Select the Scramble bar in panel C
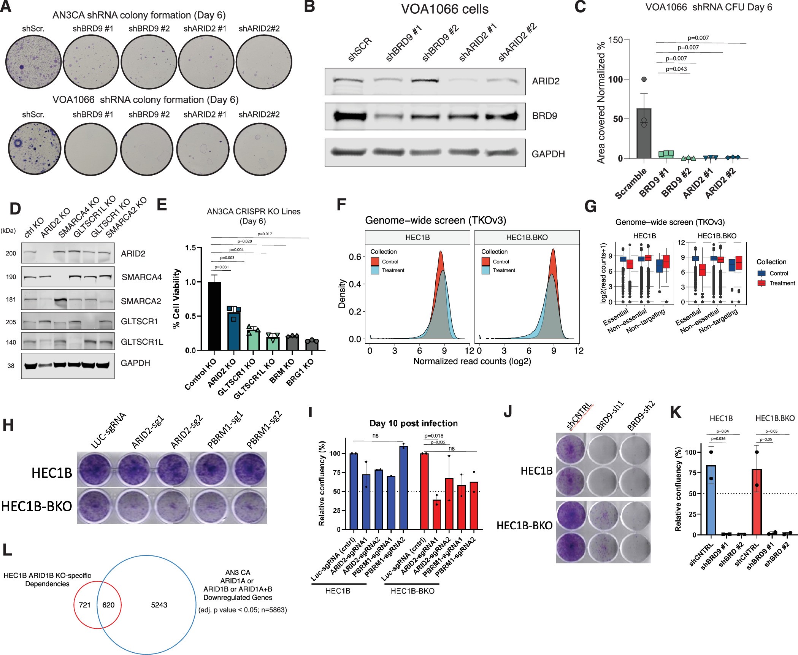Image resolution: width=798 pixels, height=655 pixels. point(644,133)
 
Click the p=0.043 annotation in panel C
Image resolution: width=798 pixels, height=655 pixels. point(676,69)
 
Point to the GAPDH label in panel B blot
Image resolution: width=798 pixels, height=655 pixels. point(548,154)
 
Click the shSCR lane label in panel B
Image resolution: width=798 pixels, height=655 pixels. point(359,49)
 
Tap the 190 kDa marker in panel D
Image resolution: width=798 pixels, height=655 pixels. point(11,277)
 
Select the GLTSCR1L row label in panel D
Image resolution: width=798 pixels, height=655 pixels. point(142,342)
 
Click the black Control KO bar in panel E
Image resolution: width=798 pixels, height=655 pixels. point(214,316)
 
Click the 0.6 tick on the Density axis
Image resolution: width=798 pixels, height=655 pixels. point(355,257)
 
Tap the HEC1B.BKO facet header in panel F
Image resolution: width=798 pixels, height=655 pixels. point(527,237)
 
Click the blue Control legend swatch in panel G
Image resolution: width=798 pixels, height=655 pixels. point(762,273)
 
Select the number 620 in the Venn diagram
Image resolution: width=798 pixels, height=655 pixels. point(108,605)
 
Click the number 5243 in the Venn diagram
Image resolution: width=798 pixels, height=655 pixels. point(159,605)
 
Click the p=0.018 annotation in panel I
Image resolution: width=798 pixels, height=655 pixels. point(434,436)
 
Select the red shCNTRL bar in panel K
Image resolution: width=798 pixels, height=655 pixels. point(757,502)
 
